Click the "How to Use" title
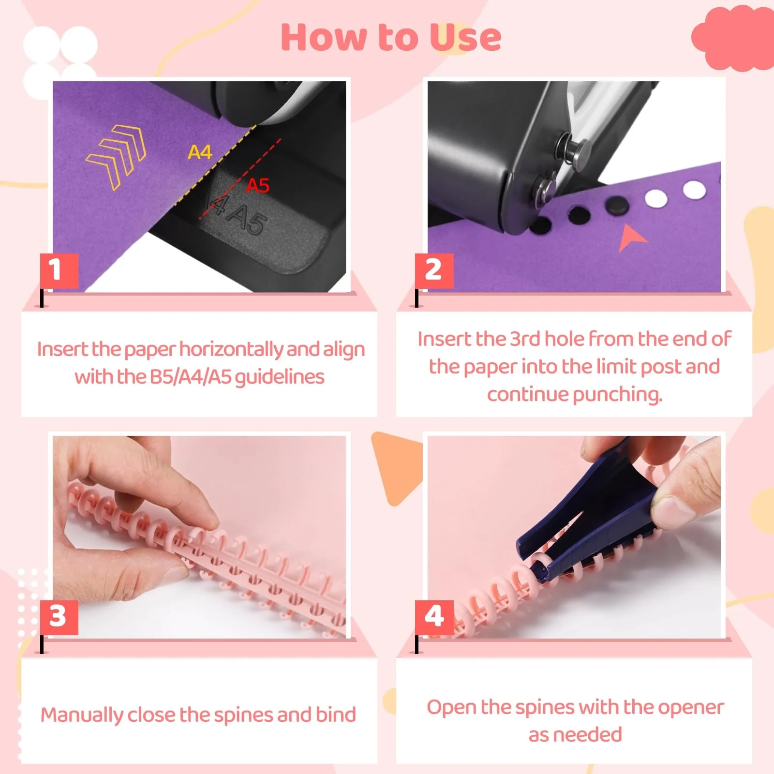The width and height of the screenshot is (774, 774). point(391,37)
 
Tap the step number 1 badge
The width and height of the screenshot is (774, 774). point(59,270)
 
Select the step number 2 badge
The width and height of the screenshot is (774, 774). point(434,270)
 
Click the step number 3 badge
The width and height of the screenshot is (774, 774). point(59,617)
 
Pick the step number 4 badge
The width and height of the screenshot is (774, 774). point(434,617)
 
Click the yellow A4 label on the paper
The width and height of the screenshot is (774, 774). point(200,152)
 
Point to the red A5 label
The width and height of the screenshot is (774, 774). point(257,185)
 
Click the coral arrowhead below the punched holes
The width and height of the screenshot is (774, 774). point(631,238)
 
